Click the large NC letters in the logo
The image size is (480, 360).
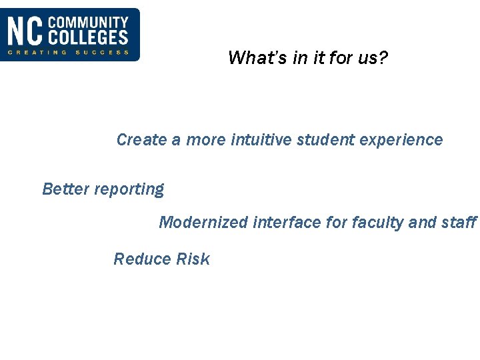coord(25,31)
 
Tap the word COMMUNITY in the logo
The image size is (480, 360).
coord(89,23)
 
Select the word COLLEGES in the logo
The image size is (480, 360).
coord(89,38)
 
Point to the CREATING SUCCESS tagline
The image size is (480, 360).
coord(68,53)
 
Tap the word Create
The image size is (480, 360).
coord(141,140)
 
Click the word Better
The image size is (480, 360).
coord(65,189)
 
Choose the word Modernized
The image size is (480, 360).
coord(203,223)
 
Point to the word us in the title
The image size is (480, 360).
coord(367,59)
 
